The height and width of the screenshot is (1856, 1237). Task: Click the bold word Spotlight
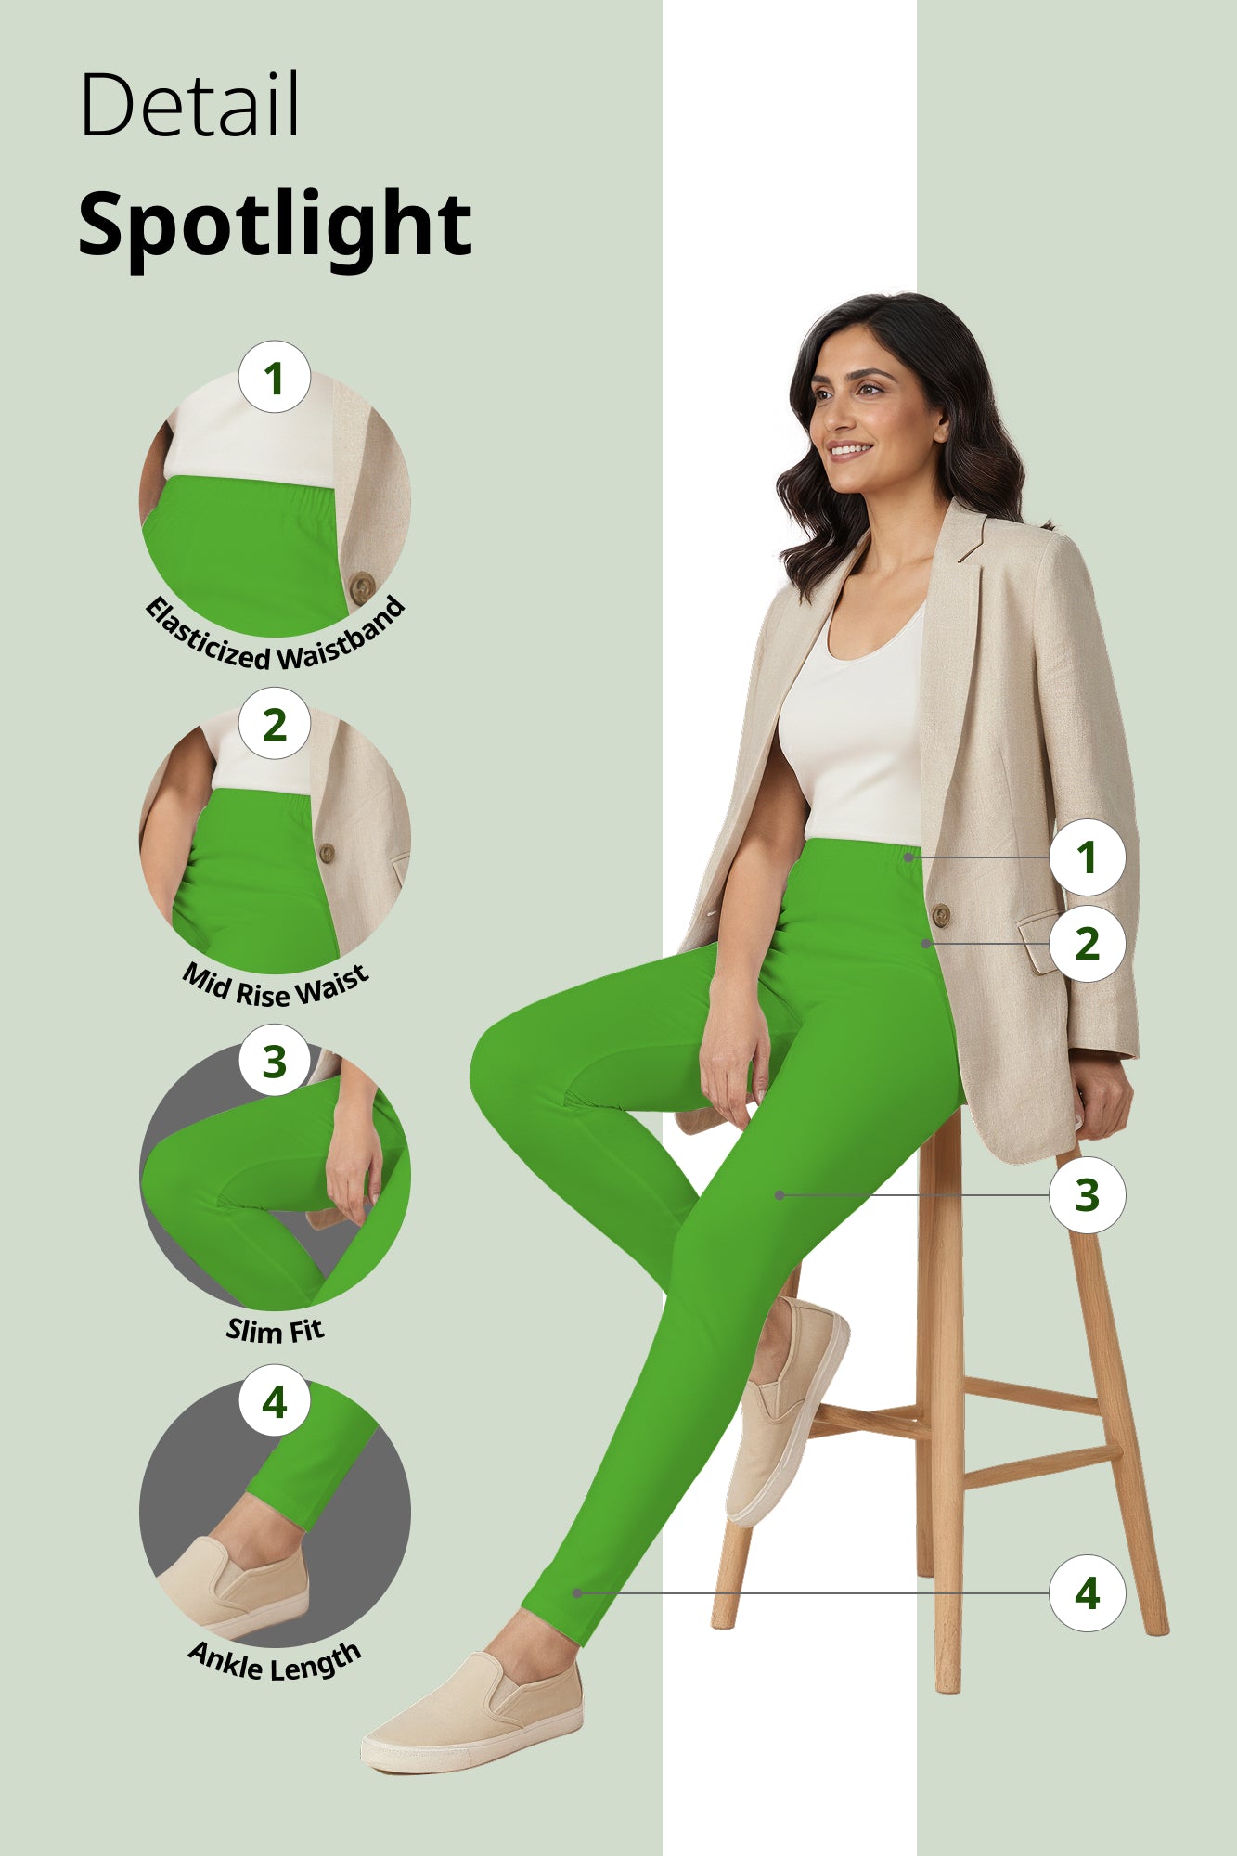[x=275, y=224]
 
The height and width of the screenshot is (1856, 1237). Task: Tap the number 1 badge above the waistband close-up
[x=274, y=378]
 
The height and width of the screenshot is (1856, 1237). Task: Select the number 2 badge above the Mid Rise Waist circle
[x=274, y=724]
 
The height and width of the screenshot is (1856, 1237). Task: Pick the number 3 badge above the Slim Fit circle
[x=274, y=1061]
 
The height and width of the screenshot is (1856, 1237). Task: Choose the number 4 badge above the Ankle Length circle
[x=274, y=1401]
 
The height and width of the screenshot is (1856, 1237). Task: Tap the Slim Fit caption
[x=276, y=1330]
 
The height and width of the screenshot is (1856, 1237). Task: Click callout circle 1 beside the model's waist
[x=1087, y=857]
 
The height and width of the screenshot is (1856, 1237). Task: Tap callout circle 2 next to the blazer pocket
[x=1087, y=944]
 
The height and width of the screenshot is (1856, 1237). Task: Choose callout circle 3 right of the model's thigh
[x=1087, y=1194]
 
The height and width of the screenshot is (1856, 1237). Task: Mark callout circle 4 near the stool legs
[x=1087, y=1593]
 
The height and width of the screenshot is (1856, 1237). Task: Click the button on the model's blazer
[x=940, y=915]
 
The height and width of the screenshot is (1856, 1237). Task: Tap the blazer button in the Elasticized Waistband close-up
[x=361, y=587]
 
